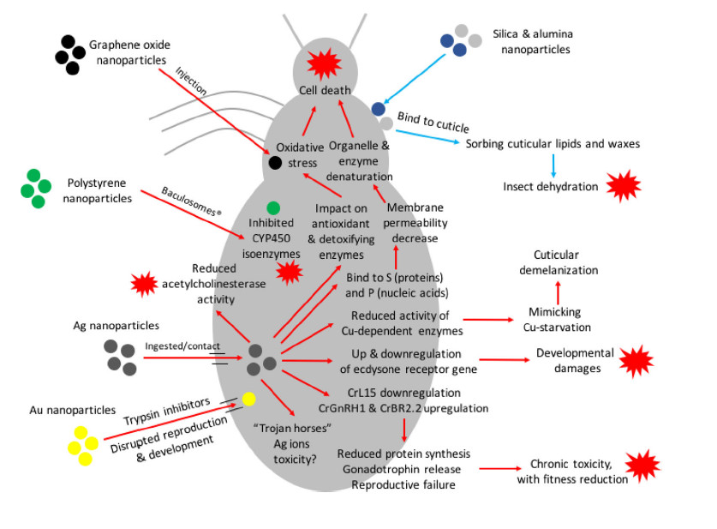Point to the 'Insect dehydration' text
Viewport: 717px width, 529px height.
[x=550, y=185]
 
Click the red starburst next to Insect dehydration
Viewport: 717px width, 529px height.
[x=624, y=185]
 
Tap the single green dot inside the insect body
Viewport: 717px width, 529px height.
[x=273, y=207]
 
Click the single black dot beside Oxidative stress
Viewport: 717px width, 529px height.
[x=275, y=163]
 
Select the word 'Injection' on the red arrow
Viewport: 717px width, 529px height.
[x=193, y=84]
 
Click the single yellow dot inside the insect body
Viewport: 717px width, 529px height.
[x=248, y=399]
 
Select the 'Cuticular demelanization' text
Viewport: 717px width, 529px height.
[x=556, y=262]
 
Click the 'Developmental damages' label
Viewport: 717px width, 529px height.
[x=575, y=359]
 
